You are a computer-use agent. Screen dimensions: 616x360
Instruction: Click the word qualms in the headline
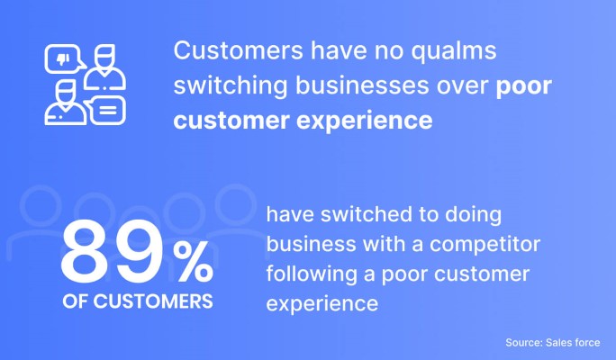click(454, 51)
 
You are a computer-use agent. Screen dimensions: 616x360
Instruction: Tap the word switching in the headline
click(231, 86)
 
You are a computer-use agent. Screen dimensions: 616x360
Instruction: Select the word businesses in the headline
click(362, 85)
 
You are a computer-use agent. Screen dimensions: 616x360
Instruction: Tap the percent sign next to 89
click(193, 262)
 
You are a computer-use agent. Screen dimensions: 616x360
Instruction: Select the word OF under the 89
click(75, 301)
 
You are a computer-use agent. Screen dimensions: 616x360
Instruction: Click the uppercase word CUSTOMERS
click(153, 301)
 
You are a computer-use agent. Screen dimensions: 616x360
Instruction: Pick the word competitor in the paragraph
click(485, 245)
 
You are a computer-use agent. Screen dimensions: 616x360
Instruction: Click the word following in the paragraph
click(312, 274)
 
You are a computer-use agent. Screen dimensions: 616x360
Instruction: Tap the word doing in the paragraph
click(473, 215)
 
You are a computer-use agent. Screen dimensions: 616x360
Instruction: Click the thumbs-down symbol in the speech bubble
click(63, 58)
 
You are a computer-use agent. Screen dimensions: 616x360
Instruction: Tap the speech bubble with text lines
click(105, 111)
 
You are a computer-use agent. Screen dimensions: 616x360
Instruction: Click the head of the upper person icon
click(104, 58)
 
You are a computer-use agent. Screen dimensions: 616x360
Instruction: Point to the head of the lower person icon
click(65, 94)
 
